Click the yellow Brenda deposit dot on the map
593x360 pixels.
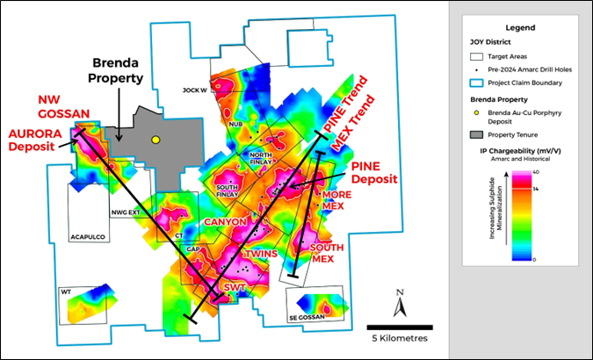pyautogui.click(x=155, y=140)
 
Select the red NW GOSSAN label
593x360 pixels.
pyautogui.click(x=51, y=107)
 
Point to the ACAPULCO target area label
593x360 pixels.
pyautogui.click(x=88, y=236)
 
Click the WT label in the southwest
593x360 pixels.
pyautogui.click(x=66, y=291)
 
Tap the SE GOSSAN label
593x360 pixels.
pyautogui.click(x=304, y=317)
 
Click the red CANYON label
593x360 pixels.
pyautogui.click(x=226, y=223)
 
